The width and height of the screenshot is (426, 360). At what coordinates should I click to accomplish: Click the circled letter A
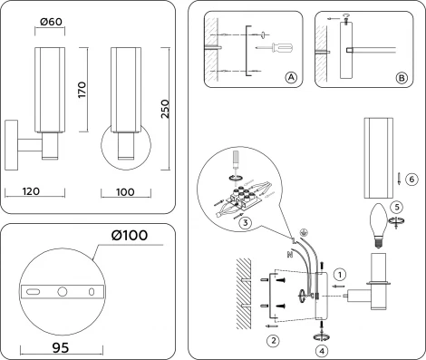(x=291, y=78)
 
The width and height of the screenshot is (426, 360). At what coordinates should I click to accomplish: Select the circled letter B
(x=402, y=78)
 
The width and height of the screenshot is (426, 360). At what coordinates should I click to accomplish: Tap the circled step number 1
(x=339, y=272)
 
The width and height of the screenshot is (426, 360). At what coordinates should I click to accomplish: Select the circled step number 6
(x=411, y=179)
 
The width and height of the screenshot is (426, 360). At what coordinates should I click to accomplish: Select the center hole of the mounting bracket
(x=62, y=292)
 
